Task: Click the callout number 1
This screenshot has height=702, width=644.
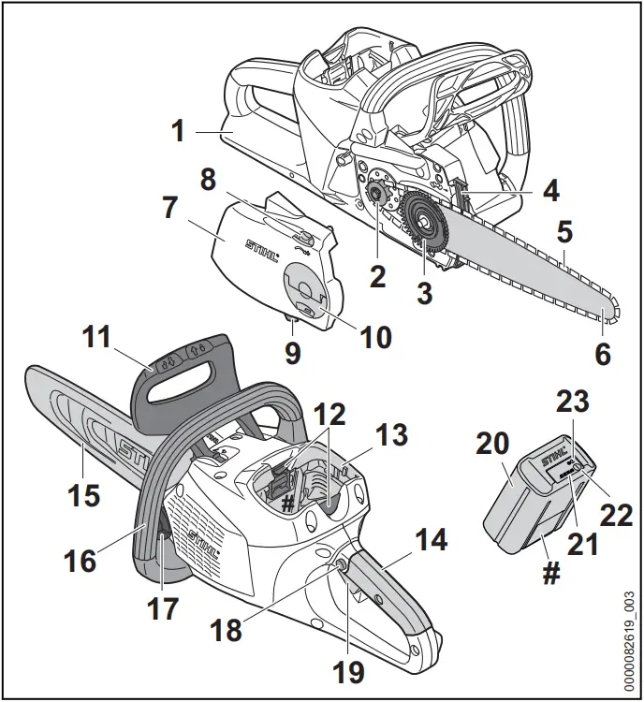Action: coord(178,131)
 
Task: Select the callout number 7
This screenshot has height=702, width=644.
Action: coord(169,208)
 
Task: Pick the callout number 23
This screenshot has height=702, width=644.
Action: coord(573,403)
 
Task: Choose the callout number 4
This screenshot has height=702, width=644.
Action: coord(551,191)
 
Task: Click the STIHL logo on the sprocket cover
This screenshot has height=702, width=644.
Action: coord(263,251)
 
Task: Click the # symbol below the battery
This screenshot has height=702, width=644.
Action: coord(551,573)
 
